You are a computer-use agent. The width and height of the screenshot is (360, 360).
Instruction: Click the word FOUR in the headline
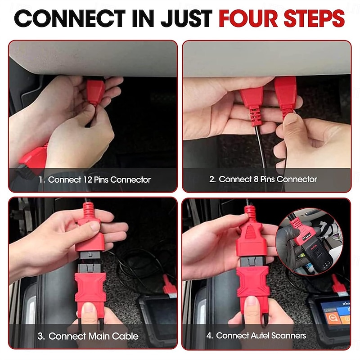pos(248,18)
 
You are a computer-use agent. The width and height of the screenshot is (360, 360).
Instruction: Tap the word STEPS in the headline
pos(314,18)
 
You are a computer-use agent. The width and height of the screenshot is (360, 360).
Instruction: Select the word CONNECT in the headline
pos(70,18)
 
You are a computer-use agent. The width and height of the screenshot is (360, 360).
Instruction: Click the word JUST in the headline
pos(186,18)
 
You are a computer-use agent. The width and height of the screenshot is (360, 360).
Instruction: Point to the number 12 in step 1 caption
pos(87,180)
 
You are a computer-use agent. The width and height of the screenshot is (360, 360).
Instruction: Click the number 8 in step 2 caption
pos(256,179)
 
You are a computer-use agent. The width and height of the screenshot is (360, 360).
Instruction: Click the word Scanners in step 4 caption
pos(288,335)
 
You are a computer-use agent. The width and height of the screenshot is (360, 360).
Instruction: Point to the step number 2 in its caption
pos(211,179)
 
